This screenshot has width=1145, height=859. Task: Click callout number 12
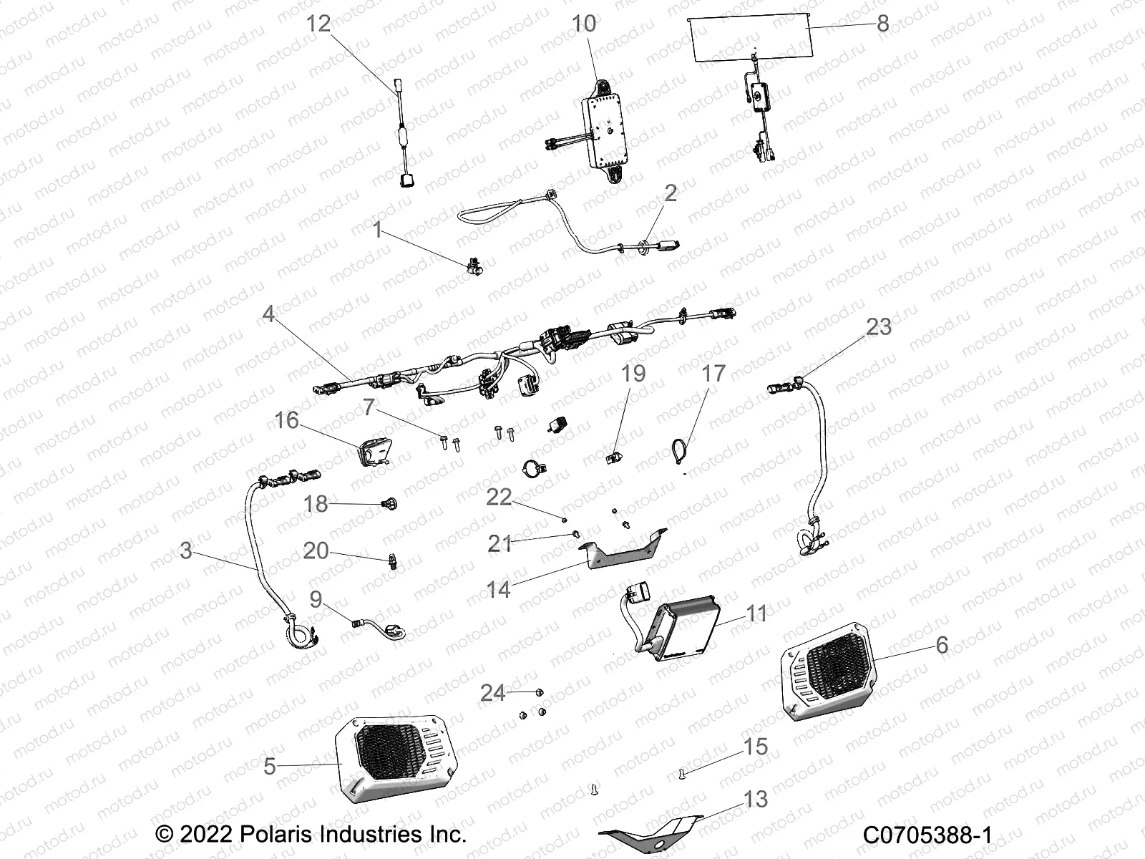click(x=318, y=24)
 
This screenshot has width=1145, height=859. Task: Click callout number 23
click(x=879, y=326)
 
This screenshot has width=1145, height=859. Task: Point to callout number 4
click(x=268, y=314)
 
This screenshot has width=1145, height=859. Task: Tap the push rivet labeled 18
click(x=391, y=505)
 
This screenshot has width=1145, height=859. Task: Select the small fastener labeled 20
click(x=392, y=562)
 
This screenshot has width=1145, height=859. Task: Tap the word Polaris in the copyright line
click(x=258, y=835)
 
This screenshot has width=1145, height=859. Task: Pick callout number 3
click(x=186, y=550)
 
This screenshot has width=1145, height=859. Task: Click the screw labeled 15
click(x=681, y=772)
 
